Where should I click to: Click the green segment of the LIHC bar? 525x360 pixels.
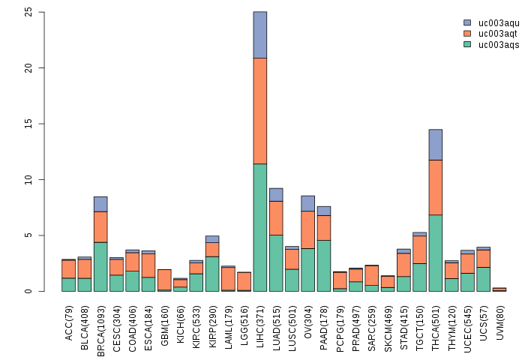[x=260, y=227]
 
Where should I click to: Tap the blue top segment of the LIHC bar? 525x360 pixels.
[x=260, y=35]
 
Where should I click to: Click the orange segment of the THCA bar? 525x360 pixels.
[x=436, y=187]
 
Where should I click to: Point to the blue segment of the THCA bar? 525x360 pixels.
[x=436, y=145]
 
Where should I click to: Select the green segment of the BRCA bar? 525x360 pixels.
[x=100, y=266]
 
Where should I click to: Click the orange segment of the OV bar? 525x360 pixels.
[x=307, y=229]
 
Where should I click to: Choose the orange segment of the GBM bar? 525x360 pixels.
[x=164, y=280]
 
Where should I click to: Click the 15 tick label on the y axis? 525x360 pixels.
[x=28, y=124]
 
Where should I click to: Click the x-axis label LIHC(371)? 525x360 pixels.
[x=260, y=323]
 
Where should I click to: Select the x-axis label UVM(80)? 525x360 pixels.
[x=499, y=320]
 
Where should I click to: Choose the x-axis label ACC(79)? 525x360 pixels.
[x=69, y=321]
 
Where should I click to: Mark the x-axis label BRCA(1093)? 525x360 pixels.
[x=100, y=327]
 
